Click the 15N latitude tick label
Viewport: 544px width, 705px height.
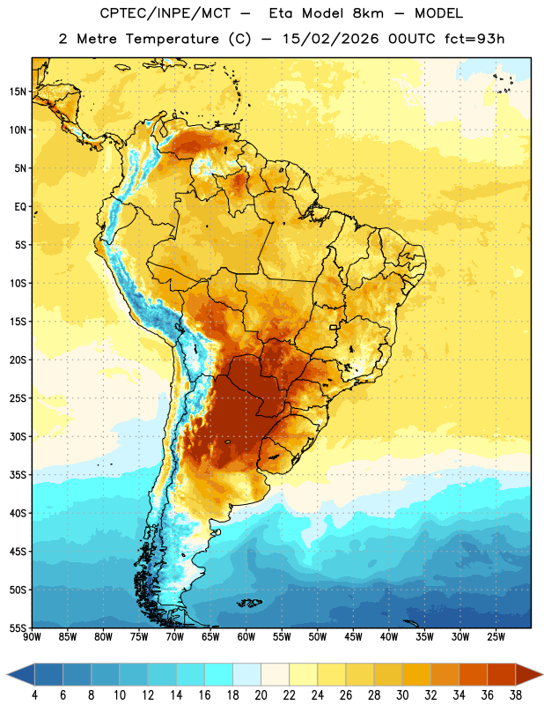(x=18, y=92)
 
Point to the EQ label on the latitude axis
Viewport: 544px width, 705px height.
(x=20, y=207)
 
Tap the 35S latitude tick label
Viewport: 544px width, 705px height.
(x=18, y=475)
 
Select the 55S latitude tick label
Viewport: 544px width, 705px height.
(x=18, y=627)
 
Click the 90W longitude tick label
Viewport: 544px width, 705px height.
(x=32, y=636)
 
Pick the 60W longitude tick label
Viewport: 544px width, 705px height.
(x=246, y=636)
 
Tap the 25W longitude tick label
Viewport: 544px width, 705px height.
(x=496, y=636)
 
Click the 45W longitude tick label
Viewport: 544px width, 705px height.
(x=353, y=636)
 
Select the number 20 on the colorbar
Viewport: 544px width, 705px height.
(x=261, y=695)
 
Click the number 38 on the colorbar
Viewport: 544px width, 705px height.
(x=515, y=695)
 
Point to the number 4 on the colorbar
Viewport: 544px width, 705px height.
(x=34, y=695)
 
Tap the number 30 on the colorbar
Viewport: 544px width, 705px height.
(x=402, y=695)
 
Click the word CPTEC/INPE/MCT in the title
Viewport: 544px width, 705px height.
(x=165, y=13)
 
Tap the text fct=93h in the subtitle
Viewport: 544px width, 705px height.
(x=474, y=39)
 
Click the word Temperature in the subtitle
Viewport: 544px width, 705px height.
(x=172, y=39)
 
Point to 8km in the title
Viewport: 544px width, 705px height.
(x=368, y=13)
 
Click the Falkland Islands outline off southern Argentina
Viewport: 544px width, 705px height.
(x=249, y=603)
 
